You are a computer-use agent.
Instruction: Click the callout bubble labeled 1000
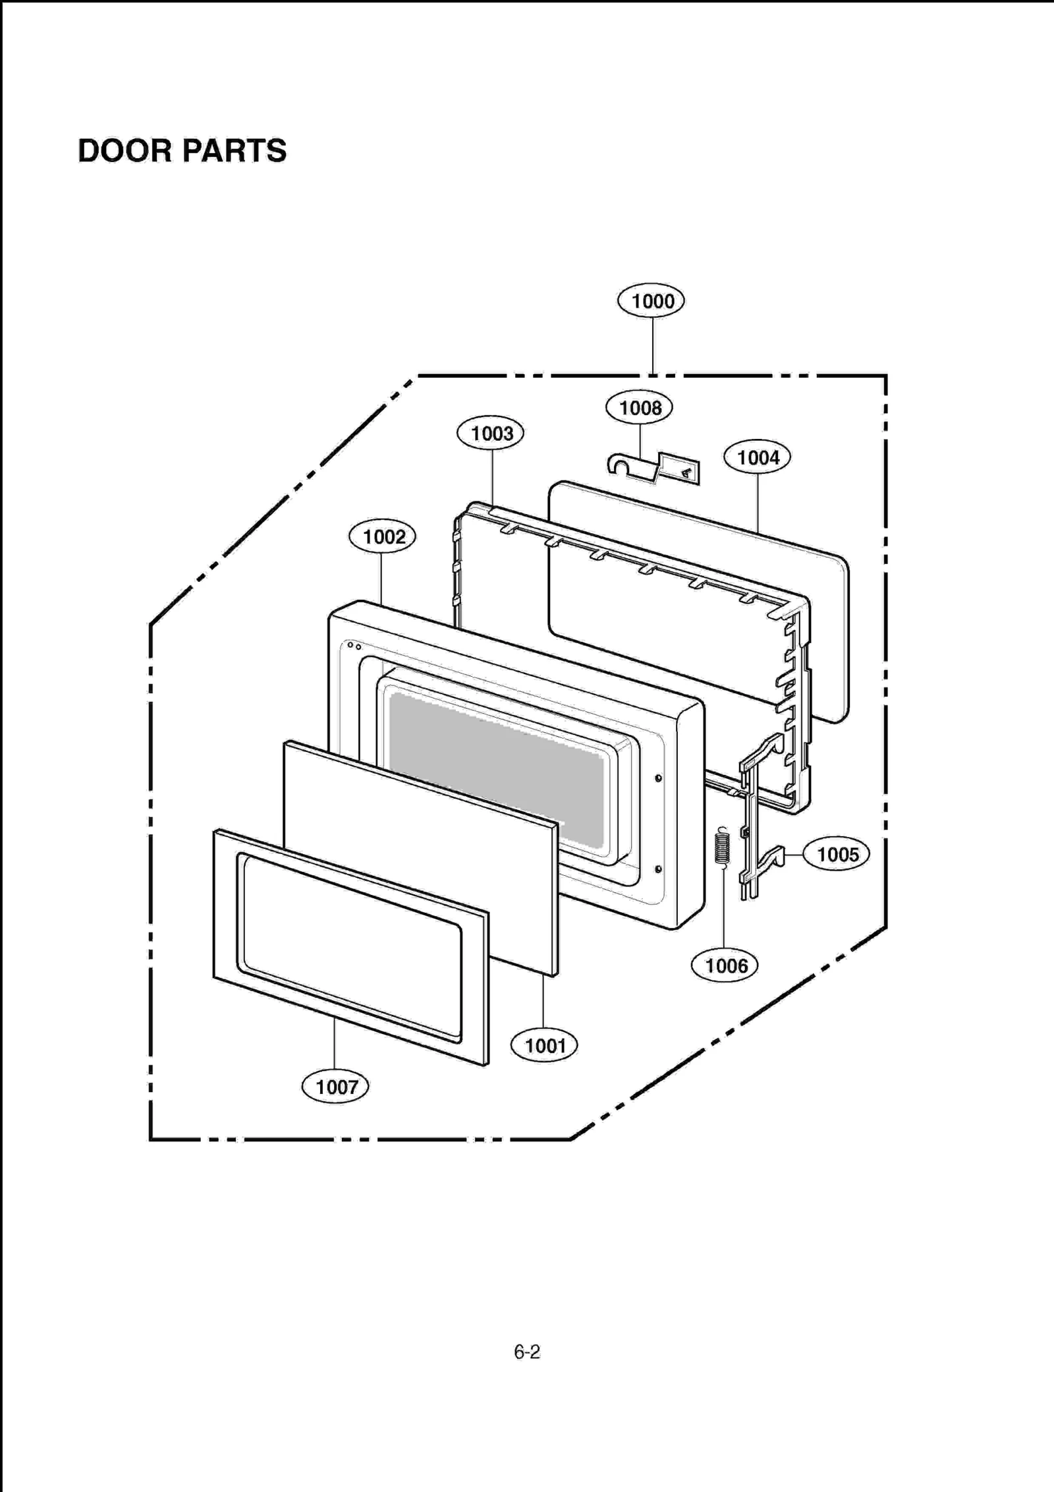pyautogui.click(x=651, y=301)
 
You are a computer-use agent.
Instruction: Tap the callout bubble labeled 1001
pyautogui.click(x=544, y=1045)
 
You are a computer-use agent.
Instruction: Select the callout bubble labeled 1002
pyautogui.click(x=382, y=536)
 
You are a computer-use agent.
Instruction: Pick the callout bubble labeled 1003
pyautogui.click(x=490, y=434)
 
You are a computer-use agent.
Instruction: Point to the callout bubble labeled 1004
pyautogui.click(x=757, y=457)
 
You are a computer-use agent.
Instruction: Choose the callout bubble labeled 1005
pyautogui.click(x=837, y=855)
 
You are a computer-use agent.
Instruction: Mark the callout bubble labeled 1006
pyautogui.click(x=725, y=966)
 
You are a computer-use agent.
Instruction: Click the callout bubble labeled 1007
pyautogui.click(x=335, y=1087)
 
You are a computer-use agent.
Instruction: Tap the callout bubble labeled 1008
pyautogui.click(x=639, y=408)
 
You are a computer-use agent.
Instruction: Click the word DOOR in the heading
pyautogui.click(x=125, y=151)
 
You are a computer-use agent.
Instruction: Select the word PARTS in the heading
pyautogui.click(x=234, y=151)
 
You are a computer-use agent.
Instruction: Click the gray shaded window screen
pyautogui.click(x=494, y=771)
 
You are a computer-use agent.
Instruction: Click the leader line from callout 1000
pyautogui.click(x=653, y=345)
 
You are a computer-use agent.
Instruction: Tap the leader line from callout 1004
pyautogui.click(x=758, y=501)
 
